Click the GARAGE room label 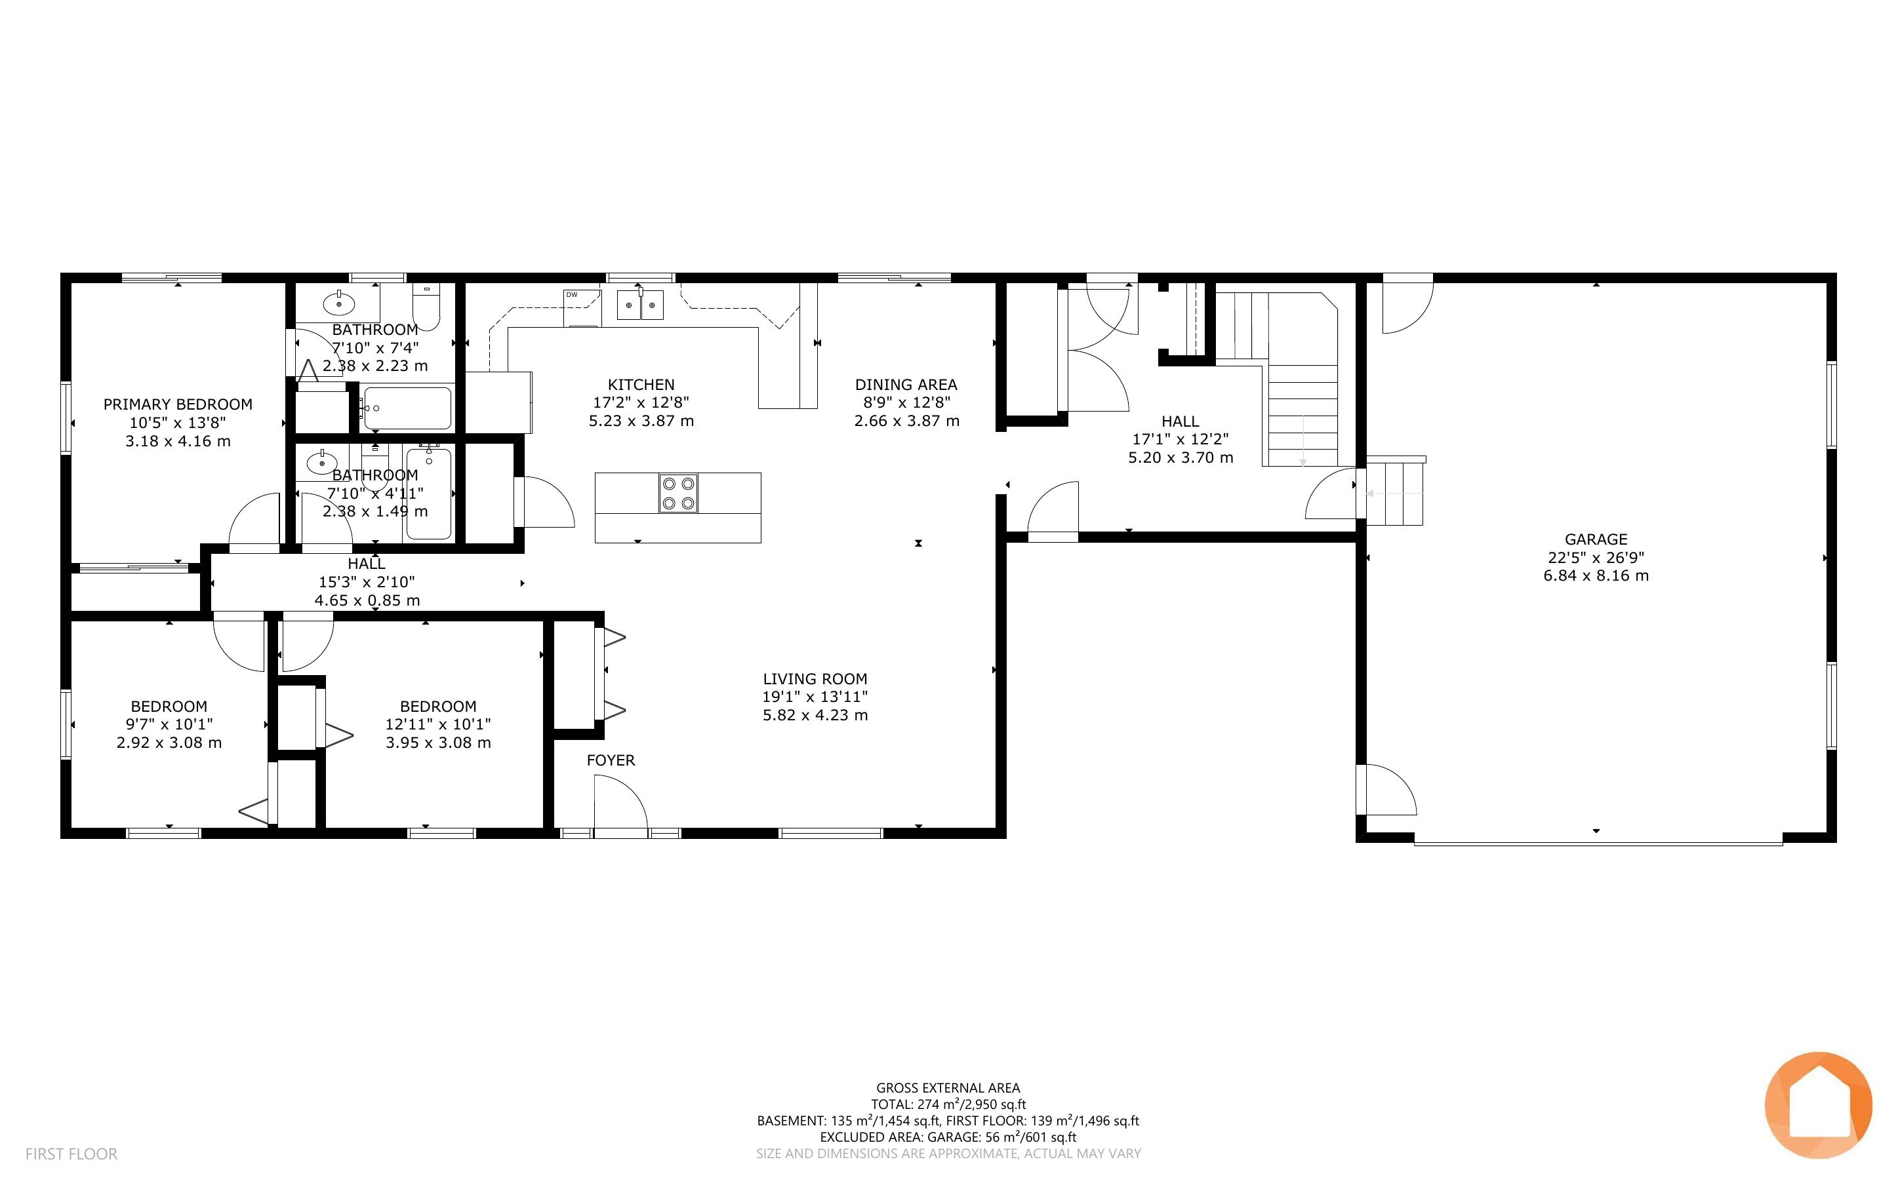click(1596, 539)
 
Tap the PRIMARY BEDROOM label click(178, 404)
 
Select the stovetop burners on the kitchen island click(678, 493)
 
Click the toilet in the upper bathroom click(427, 307)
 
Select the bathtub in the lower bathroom click(429, 493)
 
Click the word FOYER click(611, 760)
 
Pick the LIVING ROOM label click(815, 679)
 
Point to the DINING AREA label click(906, 385)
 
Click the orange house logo click(1818, 1105)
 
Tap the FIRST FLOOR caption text click(71, 1154)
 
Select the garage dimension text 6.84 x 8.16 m click(1596, 575)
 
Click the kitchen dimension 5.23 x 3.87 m click(641, 421)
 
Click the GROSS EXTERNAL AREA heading click(948, 1088)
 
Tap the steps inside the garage click(1396, 492)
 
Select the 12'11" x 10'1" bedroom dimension click(438, 724)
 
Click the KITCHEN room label click(641, 385)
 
